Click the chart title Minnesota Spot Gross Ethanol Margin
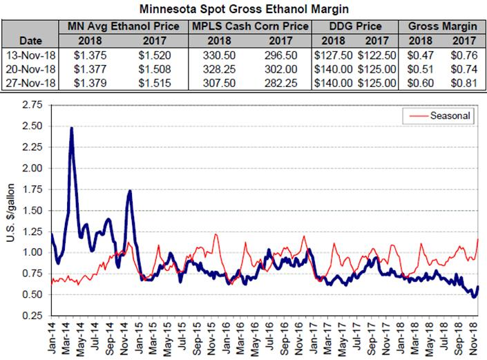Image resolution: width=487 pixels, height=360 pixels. (x=244, y=10)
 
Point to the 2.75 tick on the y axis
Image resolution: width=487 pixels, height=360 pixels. (x=31, y=104)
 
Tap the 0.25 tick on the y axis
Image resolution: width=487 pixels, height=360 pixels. (x=31, y=316)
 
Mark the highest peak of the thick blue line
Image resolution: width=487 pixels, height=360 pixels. (x=72, y=129)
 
